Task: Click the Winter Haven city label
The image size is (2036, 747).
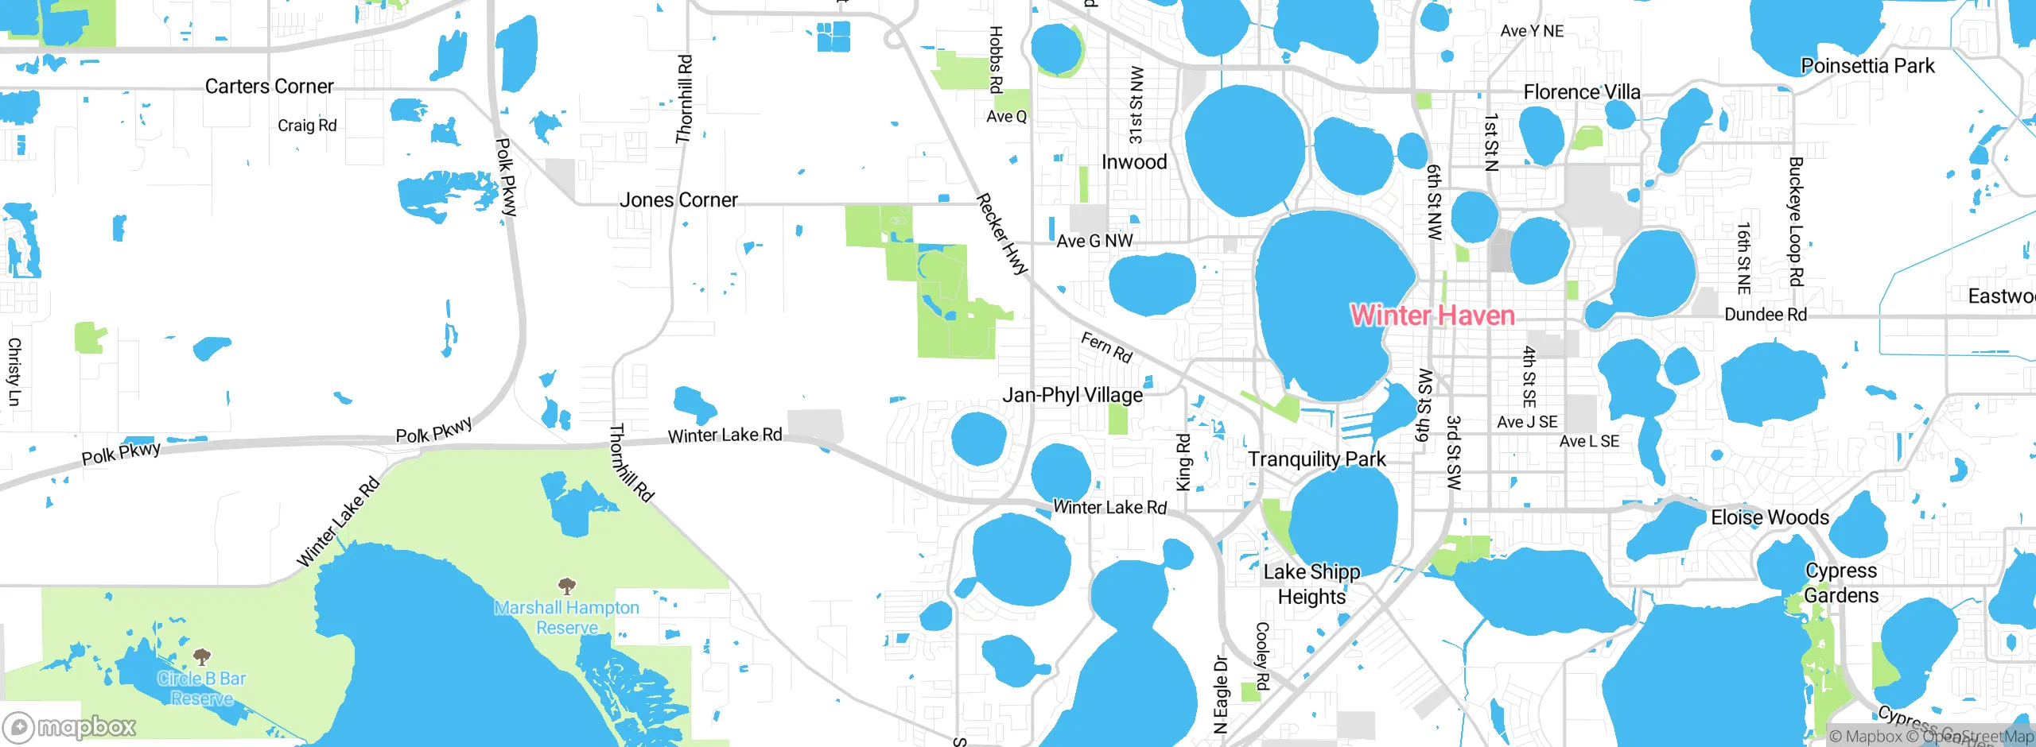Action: (x=1432, y=315)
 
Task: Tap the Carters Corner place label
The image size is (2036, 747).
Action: (x=269, y=87)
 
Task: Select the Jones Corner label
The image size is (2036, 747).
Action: (x=678, y=200)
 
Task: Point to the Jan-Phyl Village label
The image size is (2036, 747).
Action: (x=1072, y=395)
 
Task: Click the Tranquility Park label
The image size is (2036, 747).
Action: (x=1316, y=459)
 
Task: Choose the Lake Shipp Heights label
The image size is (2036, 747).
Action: (x=1311, y=584)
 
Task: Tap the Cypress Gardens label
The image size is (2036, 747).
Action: (x=1841, y=583)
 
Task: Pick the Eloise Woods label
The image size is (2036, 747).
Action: (x=1770, y=517)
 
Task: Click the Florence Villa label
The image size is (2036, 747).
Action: (x=1581, y=92)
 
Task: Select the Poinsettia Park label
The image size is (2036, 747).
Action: (x=1867, y=66)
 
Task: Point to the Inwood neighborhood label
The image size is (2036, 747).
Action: (x=1134, y=162)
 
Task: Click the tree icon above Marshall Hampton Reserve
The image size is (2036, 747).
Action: (x=566, y=587)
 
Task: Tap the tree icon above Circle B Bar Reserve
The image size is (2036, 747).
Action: (x=202, y=657)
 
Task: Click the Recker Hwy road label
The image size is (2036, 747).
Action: (x=1002, y=234)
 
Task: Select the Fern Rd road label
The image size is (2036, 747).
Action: (x=1106, y=347)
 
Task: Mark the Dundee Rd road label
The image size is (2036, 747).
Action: (x=1766, y=315)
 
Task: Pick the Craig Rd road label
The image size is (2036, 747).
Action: (x=307, y=126)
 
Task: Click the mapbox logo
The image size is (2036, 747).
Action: (x=70, y=727)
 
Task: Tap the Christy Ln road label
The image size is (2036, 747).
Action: (x=14, y=371)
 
